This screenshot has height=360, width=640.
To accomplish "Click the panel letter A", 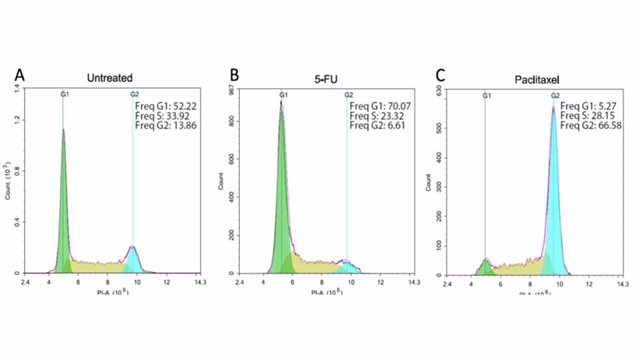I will [x=20, y=75].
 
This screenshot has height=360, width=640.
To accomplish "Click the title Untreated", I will [x=109, y=78].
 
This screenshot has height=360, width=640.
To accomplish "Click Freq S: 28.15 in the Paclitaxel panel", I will [x=589, y=115].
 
